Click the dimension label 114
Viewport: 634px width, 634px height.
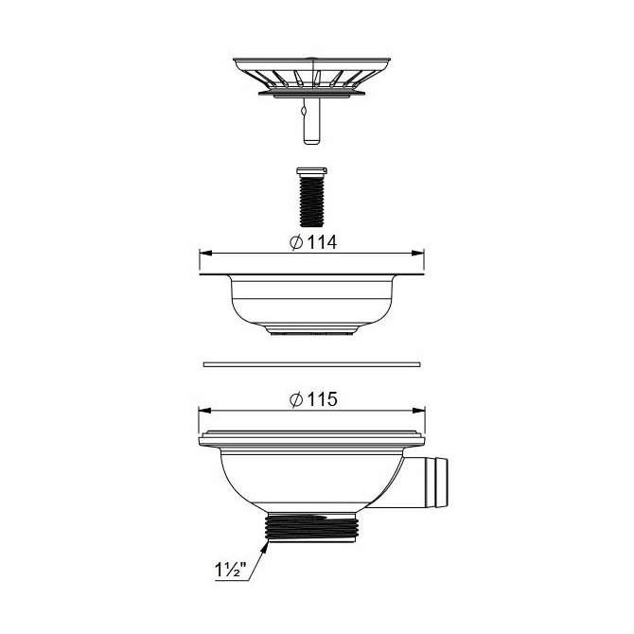click(323, 242)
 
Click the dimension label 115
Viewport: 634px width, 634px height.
click(323, 399)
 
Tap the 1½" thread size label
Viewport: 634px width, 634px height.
click(231, 570)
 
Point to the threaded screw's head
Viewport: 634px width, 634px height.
click(311, 171)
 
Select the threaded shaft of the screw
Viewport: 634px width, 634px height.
click(311, 201)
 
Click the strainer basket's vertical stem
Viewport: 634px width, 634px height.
click(311, 120)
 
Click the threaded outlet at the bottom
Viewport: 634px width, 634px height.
click(311, 531)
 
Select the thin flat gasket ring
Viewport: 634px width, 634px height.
click(311, 364)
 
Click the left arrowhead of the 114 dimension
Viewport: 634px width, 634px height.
click(206, 253)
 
